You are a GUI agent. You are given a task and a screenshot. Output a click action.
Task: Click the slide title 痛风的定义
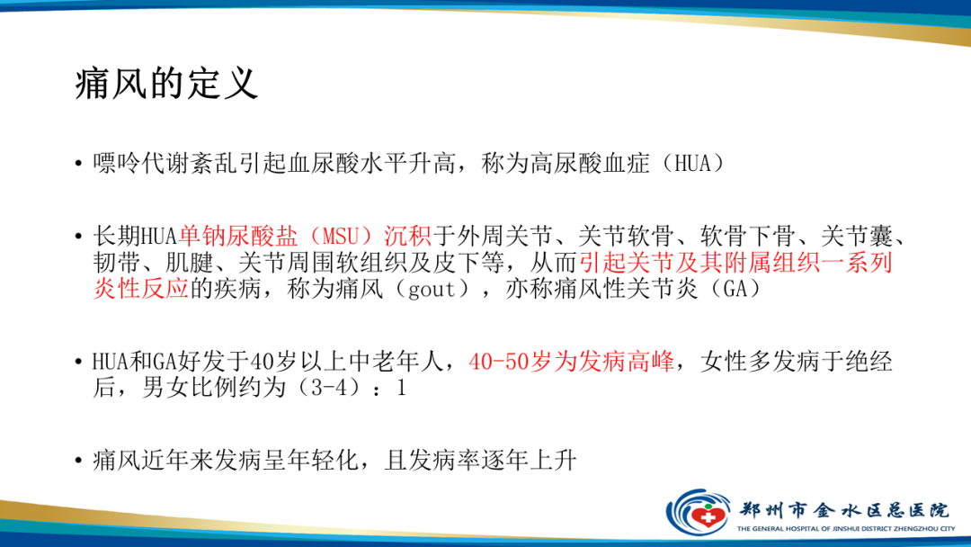pos(166,86)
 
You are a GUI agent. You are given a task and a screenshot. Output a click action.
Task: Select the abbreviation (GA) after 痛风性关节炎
pos(734,289)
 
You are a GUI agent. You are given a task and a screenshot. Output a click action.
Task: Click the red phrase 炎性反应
pos(140,289)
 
